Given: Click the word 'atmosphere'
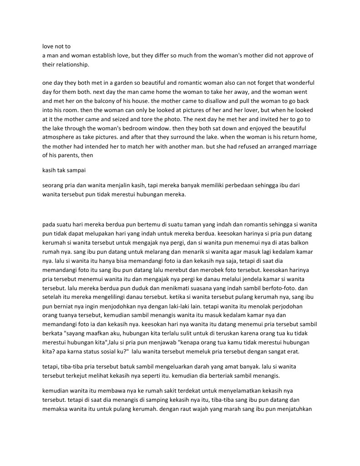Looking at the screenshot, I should (x=57, y=138).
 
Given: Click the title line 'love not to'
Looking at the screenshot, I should (x=56, y=46).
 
